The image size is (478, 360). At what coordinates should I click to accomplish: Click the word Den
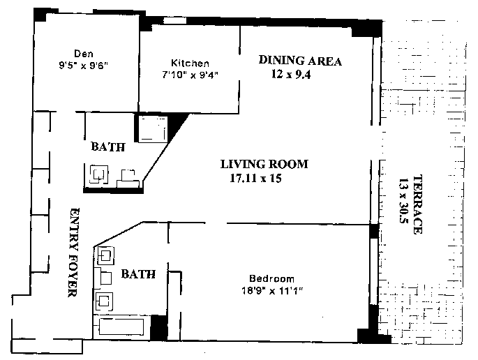(x=84, y=54)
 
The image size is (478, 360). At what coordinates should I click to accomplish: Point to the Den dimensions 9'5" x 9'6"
(x=84, y=66)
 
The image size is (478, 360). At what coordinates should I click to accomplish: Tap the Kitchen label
(x=190, y=63)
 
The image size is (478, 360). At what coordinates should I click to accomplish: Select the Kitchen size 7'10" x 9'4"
(x=190, y=75)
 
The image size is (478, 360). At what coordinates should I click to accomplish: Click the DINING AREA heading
(x=300, y=61)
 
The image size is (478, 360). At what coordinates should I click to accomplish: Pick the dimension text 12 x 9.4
(x=291, y=74)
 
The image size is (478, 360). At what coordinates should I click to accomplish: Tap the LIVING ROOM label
(x=264, y=164)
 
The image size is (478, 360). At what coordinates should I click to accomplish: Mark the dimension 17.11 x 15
(x=255, y=178)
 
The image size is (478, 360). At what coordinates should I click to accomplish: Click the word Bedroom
(x=271, y=278)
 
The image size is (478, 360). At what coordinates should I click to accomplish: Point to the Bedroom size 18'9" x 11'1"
(x=271, y=290)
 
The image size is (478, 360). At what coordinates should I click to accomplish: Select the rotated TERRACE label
(x=417, y=204)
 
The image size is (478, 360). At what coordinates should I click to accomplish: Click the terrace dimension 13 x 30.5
(x=403, y=201)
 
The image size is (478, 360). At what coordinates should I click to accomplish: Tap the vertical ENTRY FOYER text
(x=73, y=253)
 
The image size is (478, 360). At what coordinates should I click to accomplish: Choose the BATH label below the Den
(x=108, y=147)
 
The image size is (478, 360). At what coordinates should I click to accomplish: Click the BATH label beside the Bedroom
(x=138, y=273)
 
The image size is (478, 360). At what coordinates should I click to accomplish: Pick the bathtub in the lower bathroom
(x=121, y=327)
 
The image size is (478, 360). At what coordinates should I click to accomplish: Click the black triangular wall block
(x=176, y=126)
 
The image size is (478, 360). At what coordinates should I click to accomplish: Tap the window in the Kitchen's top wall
(x=174, y=20)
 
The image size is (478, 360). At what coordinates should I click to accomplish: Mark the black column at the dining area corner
(x=367, y=29)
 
